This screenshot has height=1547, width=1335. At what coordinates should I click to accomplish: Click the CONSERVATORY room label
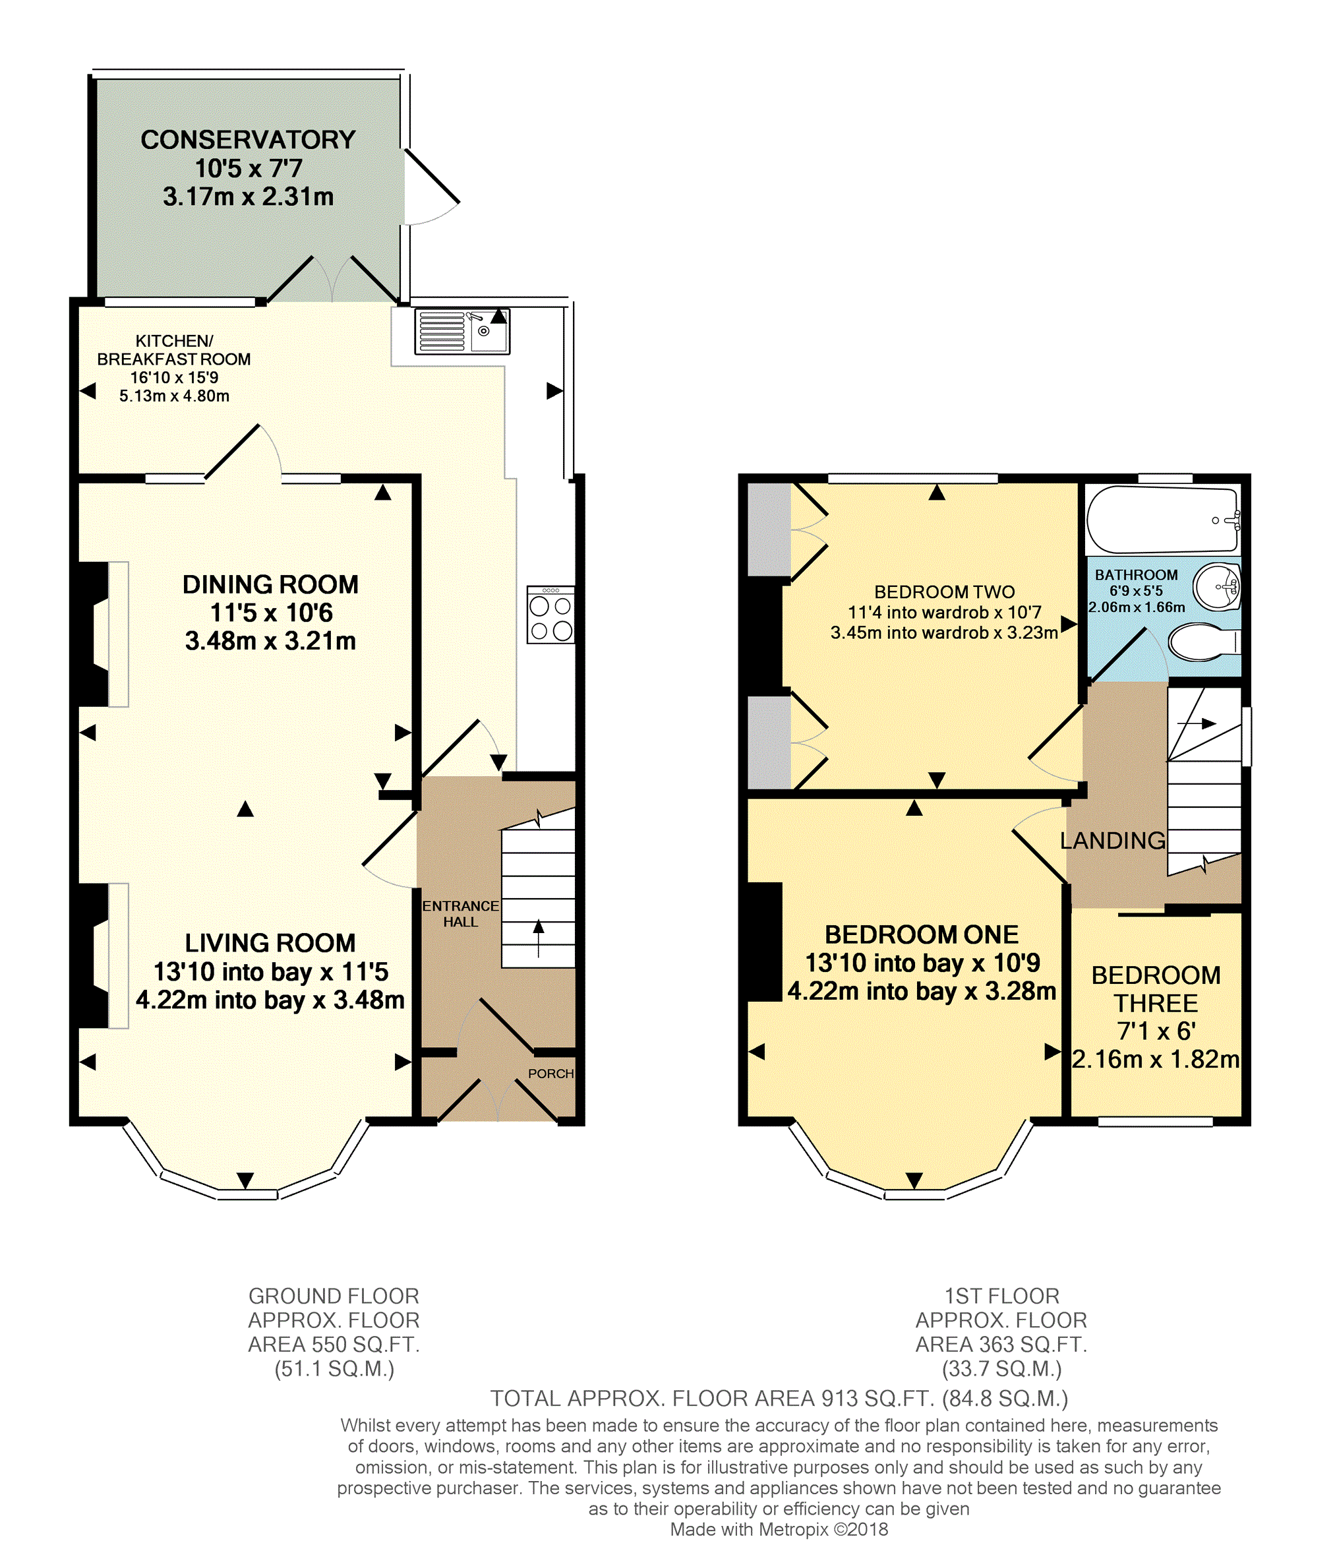pos(248,140)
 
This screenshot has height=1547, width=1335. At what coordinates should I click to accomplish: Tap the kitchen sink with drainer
pos(462,331)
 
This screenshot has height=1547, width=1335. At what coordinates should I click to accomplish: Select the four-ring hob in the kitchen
pos(551,615)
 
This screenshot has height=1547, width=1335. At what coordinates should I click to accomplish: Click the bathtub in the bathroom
pos(1162,520)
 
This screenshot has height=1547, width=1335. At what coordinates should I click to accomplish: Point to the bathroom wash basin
pos(1216,587)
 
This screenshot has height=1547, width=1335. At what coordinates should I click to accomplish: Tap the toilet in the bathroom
pos(1204,642)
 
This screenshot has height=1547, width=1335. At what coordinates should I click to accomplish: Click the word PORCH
pos(551,1074)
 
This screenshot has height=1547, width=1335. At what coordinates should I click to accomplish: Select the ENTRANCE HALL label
pos(461,914)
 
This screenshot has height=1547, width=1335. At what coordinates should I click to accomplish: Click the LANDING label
pos(1113,841)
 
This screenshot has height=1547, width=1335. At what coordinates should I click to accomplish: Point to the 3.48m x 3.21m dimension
pos(270,640)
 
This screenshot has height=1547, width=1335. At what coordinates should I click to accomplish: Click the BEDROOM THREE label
pos(1156,988)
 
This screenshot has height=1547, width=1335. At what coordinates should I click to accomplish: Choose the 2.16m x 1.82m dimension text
pos(1156,1059)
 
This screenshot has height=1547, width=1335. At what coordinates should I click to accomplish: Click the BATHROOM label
pos(1137,575)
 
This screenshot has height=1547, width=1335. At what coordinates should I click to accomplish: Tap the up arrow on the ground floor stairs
pos(539,938)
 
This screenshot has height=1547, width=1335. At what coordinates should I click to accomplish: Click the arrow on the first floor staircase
pos(1197,723)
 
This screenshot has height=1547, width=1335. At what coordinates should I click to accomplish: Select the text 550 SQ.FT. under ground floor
pos(366,1345)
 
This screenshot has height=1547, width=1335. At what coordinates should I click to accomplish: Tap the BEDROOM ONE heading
pos(922,935)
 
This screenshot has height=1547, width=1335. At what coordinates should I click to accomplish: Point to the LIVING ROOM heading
pos(270,943)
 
